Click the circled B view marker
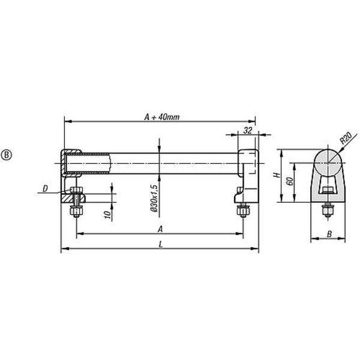7,155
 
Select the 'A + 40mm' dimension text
162,117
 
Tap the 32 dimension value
248,130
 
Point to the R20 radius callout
346,138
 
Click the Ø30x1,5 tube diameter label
154,198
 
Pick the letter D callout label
45,189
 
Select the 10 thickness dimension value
107,215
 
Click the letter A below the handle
160,229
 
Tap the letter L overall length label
161,244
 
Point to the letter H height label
277,175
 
